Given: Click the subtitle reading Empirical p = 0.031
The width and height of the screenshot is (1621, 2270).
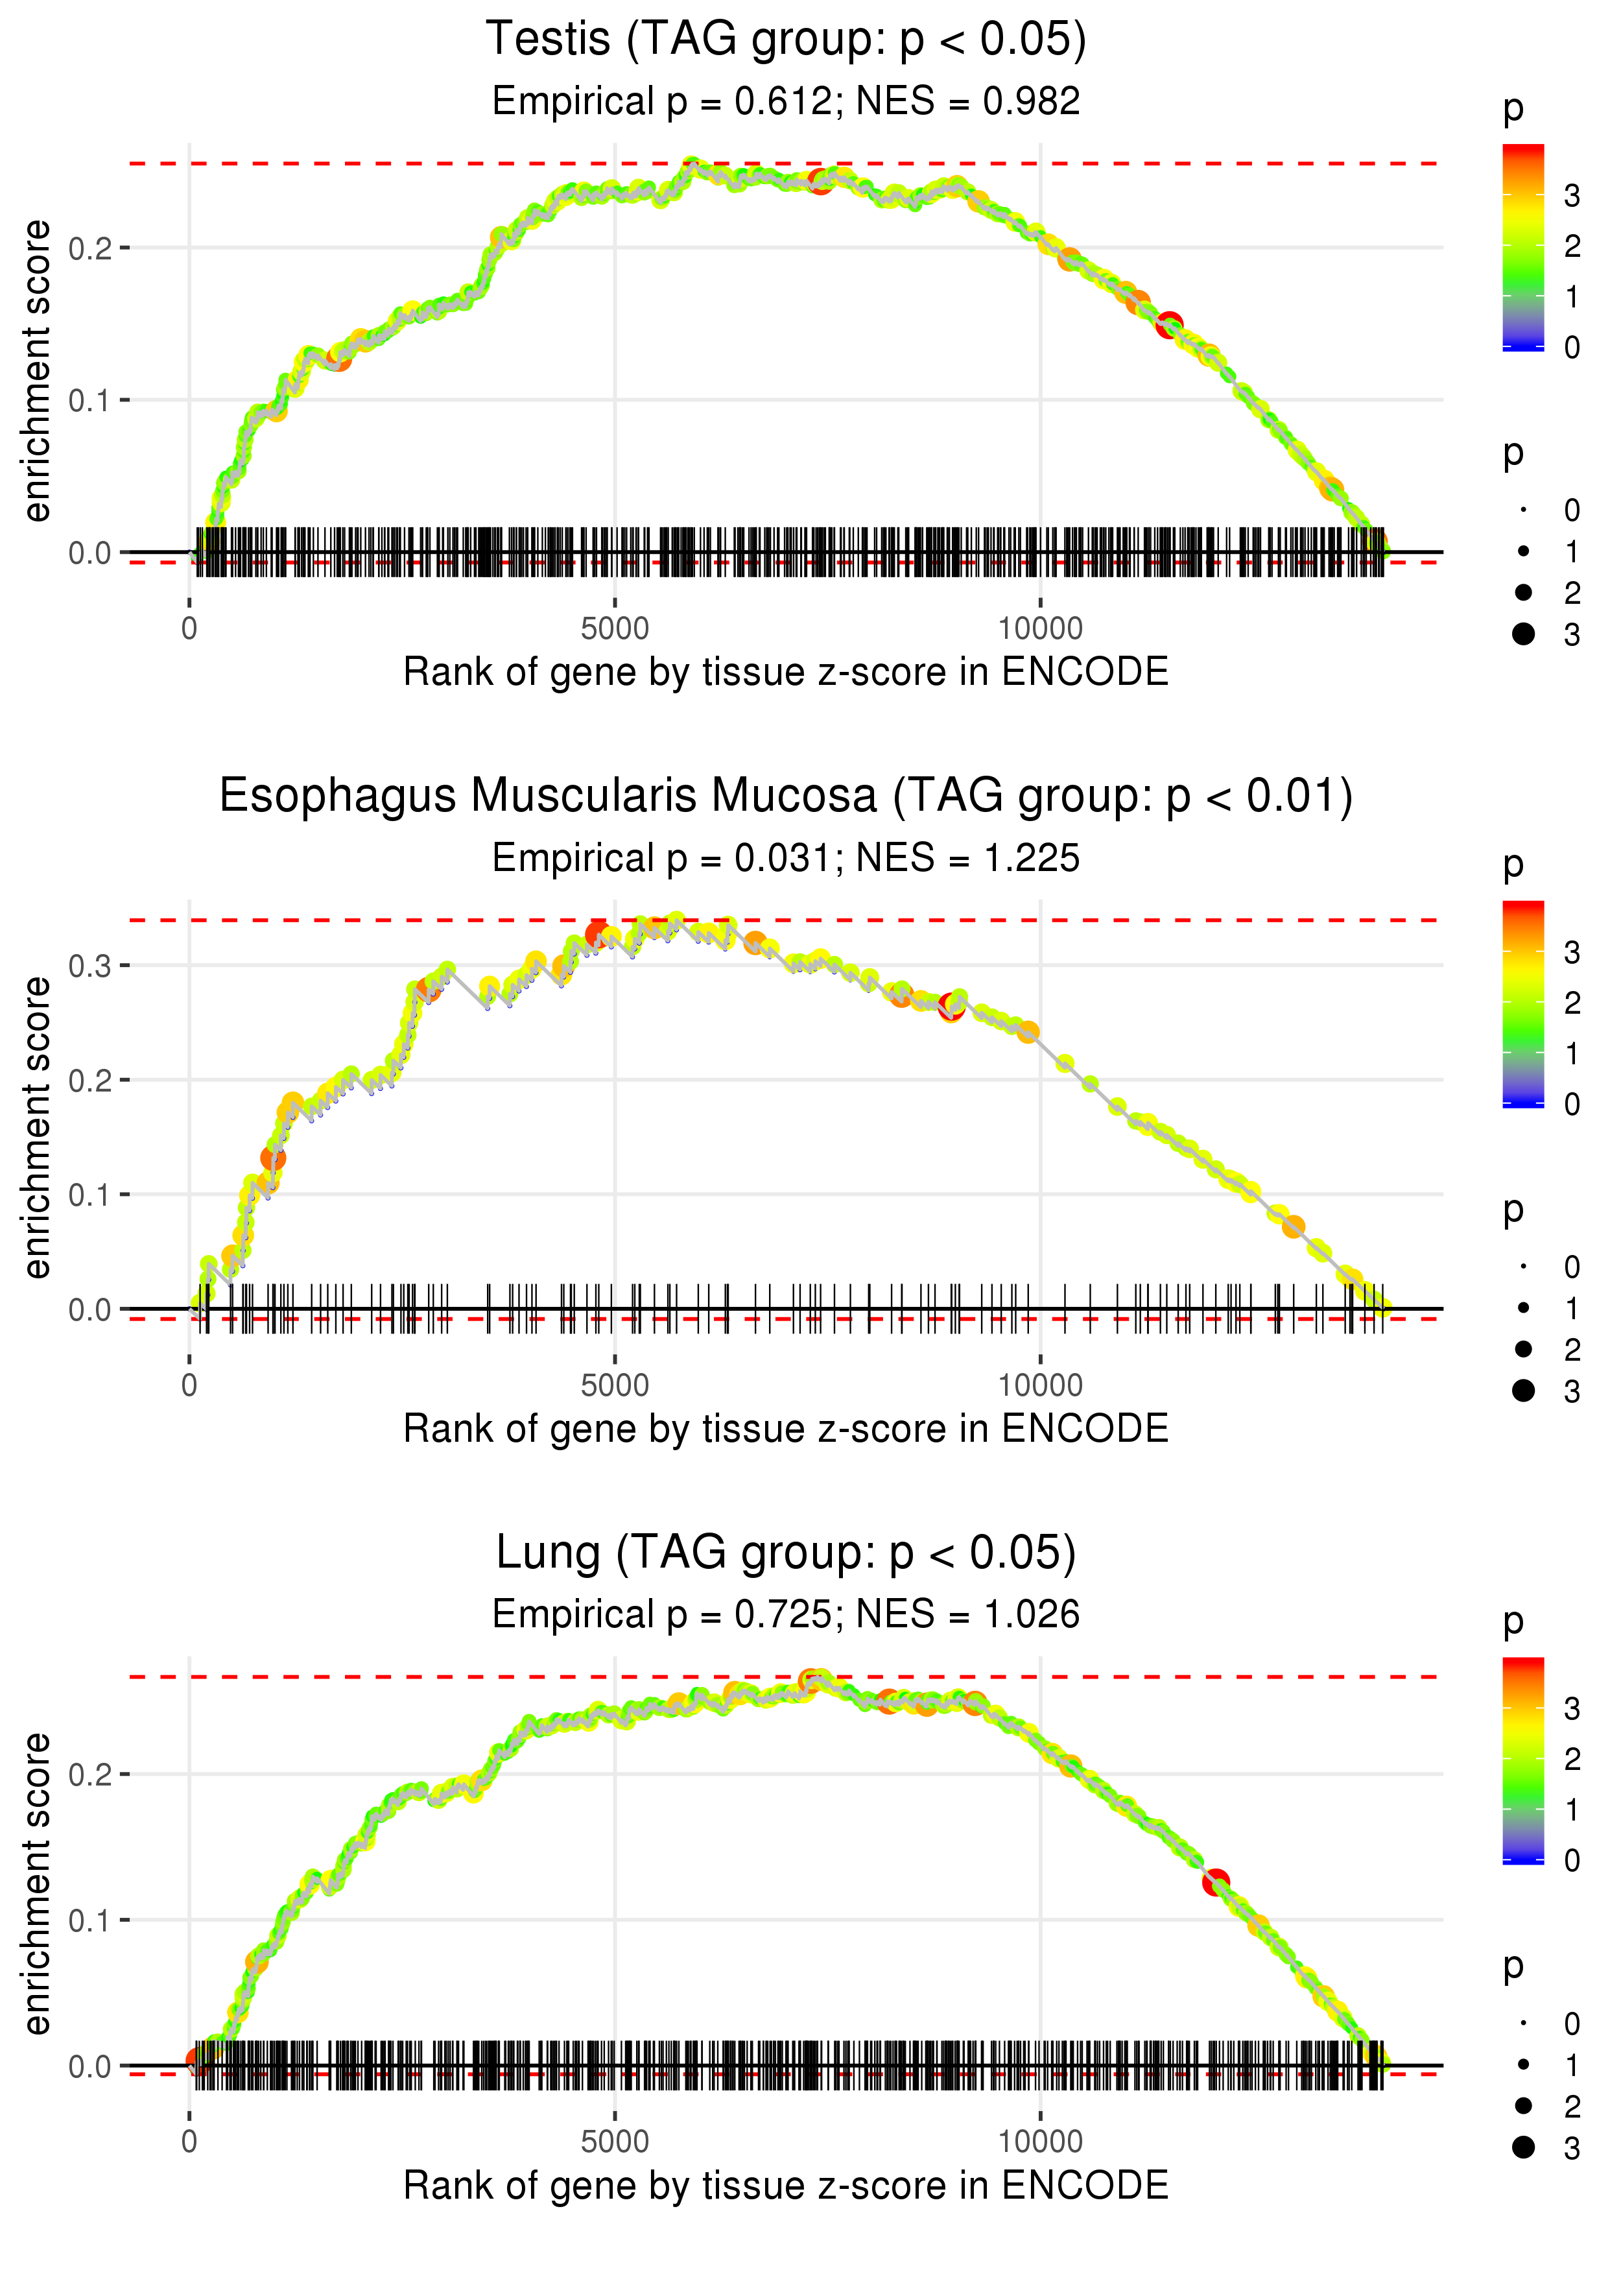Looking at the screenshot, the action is point(787,859).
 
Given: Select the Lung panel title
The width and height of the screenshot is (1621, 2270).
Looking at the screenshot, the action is point(786,1553).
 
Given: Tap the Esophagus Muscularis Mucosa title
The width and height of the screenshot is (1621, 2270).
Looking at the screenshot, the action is point(786,796).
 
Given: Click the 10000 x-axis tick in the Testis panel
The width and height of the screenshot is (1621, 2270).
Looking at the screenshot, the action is point(1040,629).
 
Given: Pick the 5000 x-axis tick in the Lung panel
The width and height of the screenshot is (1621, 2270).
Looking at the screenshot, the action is point(615,2142).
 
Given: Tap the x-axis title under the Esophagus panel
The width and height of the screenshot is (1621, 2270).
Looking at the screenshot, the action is point(786,1429).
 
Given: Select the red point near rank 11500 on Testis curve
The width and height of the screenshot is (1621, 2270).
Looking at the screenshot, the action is point(1169,324).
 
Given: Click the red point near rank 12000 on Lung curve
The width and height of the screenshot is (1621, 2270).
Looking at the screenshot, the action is point(1214,1883).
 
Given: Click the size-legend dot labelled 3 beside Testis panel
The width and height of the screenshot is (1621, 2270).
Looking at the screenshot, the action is point(1523,634).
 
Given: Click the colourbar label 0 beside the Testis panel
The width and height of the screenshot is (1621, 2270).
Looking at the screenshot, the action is point(1572,348).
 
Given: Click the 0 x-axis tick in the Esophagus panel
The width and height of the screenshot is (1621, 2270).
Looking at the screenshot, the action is point(189,1385).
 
